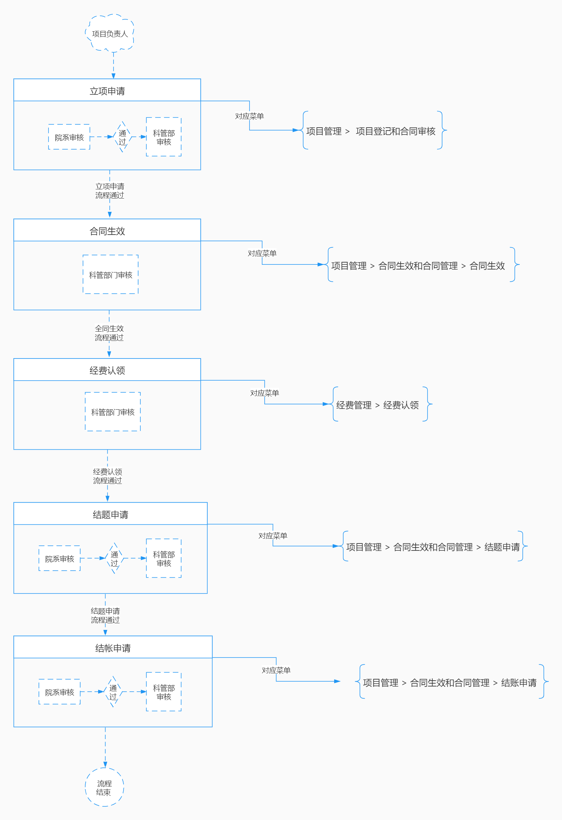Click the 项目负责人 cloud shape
110,33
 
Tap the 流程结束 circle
104,787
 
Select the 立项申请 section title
107,91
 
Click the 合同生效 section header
107,231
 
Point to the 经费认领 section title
107,370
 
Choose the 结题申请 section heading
110,514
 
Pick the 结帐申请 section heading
113,648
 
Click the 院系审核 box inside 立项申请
69,137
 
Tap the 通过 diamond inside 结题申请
115,559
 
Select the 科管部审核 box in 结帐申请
164,692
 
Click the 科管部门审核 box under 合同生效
111,275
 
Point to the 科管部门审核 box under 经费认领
113,412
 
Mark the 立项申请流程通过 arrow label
110,191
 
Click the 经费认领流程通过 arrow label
107,476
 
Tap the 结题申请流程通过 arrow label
105,616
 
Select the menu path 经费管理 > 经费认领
377,405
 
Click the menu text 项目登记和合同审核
395,131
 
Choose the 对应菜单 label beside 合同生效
262,253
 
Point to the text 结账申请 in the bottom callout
519,683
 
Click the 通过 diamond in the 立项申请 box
122,137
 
